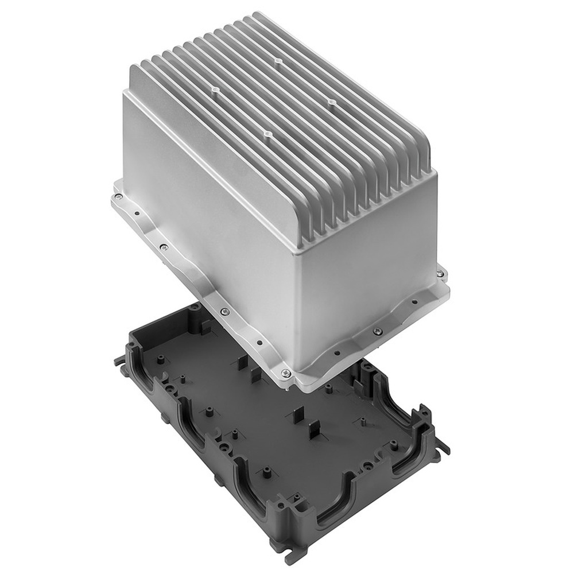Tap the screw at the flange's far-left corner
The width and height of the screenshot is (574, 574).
pyautogui.click(x=118, y=196)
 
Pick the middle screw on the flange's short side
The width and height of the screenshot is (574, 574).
pyautogui.click(x=377, y=331)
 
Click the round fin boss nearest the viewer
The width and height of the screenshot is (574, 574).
pyautogui.click(x=267, y=134)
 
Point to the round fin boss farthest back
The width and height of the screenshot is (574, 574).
pyautogui.click(x=276, y=60)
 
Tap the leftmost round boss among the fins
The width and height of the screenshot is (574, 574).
pyautogui.click(x=215, y=90)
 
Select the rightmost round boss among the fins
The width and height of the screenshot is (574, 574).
pyautogui.click(x=331, y=102)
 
